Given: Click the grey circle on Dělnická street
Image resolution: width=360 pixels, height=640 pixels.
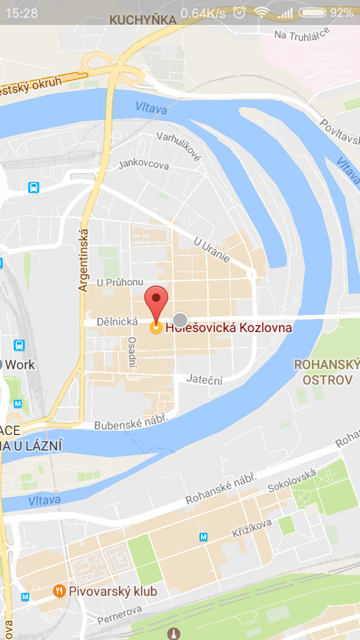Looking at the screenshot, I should [180, 319].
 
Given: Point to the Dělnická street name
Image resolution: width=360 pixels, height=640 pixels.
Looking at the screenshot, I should [117, 321].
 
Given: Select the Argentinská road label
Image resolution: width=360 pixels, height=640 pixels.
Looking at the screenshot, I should [83, 260].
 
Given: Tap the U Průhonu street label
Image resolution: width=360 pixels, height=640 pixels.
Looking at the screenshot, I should [120, 282].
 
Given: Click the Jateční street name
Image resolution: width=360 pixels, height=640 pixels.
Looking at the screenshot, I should [204, 379].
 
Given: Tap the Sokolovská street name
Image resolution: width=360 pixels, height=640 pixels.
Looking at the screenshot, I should [291, 480].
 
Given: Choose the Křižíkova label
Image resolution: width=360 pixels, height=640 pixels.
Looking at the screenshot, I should [252, 528].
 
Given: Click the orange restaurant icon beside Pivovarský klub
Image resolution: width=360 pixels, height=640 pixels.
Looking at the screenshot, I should [59, 591].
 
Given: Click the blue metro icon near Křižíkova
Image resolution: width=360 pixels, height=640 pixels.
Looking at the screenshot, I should [203, 536].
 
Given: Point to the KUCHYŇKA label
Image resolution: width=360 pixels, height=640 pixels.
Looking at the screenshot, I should [143, 20].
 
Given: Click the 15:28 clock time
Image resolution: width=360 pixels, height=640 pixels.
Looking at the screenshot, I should [21, 13].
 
